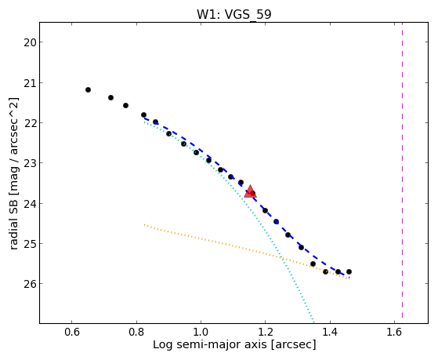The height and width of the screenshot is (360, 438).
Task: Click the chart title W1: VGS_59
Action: [234, 14]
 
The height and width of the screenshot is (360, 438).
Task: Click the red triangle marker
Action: [250, 191]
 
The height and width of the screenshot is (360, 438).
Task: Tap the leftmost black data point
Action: [88, 89]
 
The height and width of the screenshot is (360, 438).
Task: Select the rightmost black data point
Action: [349, 271]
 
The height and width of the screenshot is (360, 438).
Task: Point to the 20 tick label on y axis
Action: [28, 42]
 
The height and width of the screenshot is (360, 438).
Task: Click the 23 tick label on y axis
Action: [28, 163]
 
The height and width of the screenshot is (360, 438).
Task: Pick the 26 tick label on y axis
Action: [28, 284]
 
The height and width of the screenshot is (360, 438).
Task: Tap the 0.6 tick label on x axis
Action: [72, 332]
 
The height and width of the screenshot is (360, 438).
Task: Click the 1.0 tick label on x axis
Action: [201, 332]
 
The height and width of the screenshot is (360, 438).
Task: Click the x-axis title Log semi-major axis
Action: [210, 344]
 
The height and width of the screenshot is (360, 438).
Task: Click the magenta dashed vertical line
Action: [402, 170]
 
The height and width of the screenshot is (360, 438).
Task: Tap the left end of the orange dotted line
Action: [144, 224]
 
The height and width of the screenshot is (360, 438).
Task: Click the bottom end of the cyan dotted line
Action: [313, 322]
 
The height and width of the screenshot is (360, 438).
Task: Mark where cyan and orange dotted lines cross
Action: [282, 257]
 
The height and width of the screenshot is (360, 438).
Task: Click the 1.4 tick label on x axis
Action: [330, 332]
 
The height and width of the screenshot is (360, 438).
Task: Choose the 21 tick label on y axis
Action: [28, 83]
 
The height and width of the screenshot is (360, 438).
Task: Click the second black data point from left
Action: [110, 97]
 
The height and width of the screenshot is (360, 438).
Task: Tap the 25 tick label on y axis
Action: [28, 244]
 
